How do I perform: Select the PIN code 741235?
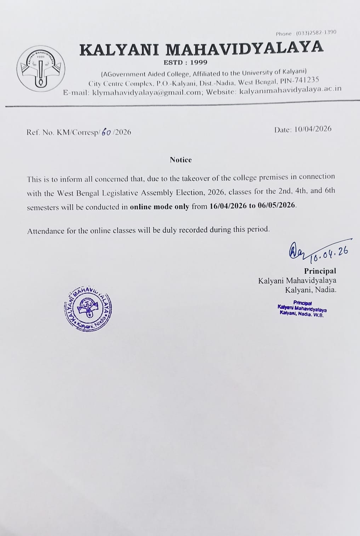point(306,80)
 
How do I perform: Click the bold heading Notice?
point(181,160)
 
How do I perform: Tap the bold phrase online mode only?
point(160,207)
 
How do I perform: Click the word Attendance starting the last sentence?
point(46,231)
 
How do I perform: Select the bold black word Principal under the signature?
point(320,271)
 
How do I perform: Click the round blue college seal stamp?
point(88,307)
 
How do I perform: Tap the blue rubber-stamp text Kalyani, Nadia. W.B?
point(302,314)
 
